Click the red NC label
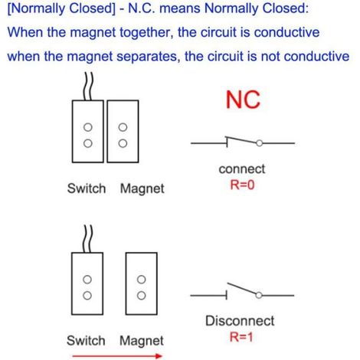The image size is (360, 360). [243, 100]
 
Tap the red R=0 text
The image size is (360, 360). [242, 185]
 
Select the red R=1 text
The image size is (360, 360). [241, 336]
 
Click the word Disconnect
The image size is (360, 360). [240, 321]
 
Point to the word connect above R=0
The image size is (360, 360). [242, 169]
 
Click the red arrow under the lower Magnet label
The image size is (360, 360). [117, 356]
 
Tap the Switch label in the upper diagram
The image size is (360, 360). [87, 188]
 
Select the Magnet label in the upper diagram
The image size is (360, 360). [142, 189]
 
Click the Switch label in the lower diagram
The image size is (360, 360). [86, 341]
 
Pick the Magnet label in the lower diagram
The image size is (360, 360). [142, 342]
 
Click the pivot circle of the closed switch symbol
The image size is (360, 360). [260, 143]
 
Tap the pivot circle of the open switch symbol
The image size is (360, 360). [259, 296]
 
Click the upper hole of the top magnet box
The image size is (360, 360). [123, 127]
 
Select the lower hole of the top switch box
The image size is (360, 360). [88, 143]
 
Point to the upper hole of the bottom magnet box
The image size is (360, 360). [141, 280]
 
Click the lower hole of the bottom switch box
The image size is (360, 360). [87, 296]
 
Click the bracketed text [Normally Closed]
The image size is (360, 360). [62, 8]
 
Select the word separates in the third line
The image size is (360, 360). [147, 57]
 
